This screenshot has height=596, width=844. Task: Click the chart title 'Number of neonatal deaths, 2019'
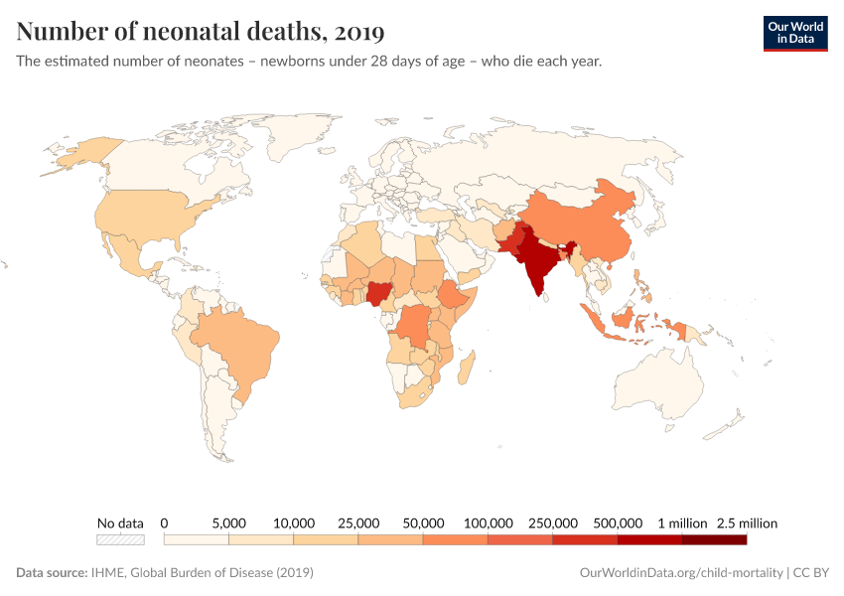coord(201,32)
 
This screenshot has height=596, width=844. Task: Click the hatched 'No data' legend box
coord(120,539)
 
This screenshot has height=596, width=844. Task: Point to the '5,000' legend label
coord(229,522)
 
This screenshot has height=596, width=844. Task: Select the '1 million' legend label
coord(681,522)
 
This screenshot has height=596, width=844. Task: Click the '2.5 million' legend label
coord(746,522)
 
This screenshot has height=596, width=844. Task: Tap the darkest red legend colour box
coord(714,539)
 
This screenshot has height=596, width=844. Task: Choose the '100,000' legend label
coord(488,522)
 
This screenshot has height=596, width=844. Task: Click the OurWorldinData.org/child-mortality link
coord(680,573)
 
